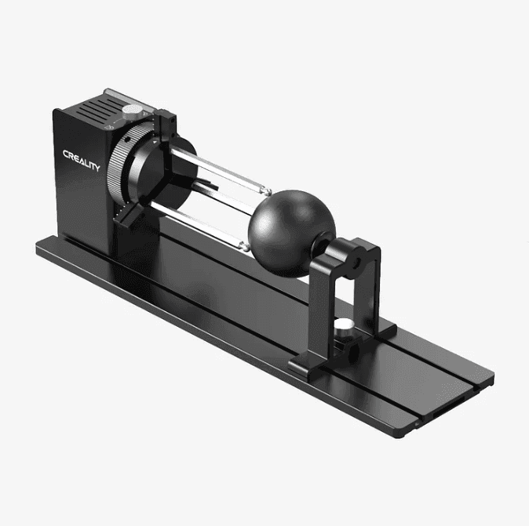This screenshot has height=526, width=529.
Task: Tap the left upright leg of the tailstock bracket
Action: [314, 314]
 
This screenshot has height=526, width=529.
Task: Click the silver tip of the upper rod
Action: [266, 192]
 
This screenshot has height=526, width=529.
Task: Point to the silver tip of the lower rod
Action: [245, 245]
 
